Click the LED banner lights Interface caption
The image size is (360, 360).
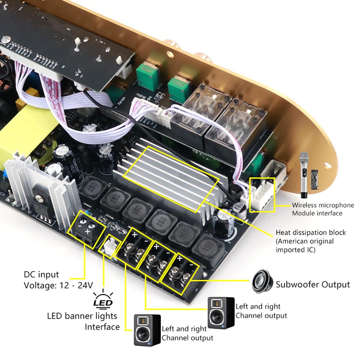coord(83,321)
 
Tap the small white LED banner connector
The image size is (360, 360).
coord(109,247)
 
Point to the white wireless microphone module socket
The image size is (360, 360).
coord(262,193)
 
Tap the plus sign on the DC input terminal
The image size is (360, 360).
coord(87,233)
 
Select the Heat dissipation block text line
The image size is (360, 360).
coord(311,233)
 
